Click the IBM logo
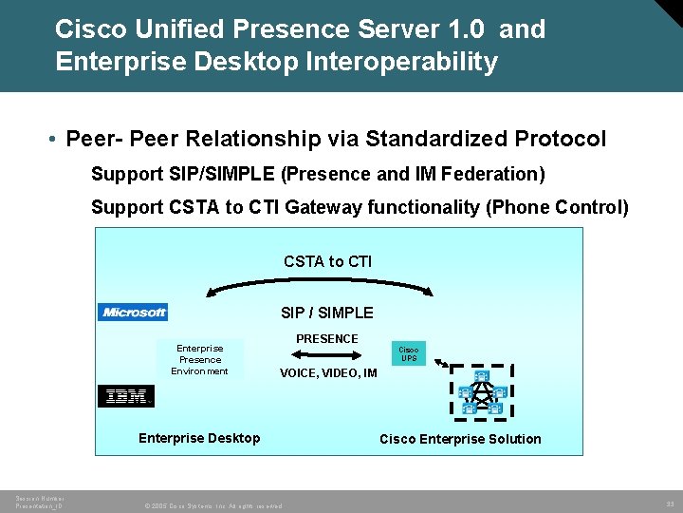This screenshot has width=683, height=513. pyautogui.click(x=125, y=396)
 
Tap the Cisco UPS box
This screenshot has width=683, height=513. pyautogui.click(x=408, y=354)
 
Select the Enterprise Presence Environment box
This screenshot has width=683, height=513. pyautogui.click(x=200, y=360)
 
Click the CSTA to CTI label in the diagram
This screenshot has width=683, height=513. pyautogui.click(x=327, y=261)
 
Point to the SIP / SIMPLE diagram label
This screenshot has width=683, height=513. pyautogui.click(x=327, y=313)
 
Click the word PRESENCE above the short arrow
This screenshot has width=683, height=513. pyautogui.click(x=327, y=339)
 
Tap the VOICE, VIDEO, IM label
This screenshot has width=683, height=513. pyautogui.click(x=328, y=373)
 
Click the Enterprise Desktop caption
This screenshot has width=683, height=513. pyautogui.click(x=199, y=438)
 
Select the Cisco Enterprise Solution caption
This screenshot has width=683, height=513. pyautogui.click(x=460, y=439)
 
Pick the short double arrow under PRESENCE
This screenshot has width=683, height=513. pyautogui.click(x=327, y=354)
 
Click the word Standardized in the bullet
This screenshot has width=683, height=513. pyautogui.click(x=436, y=139)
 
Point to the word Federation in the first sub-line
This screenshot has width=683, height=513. pyautogui.click(x=492, y=174)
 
